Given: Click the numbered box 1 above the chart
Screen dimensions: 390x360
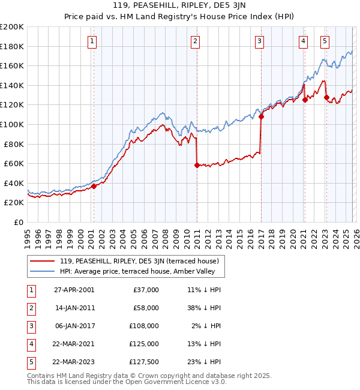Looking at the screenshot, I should (92, 41).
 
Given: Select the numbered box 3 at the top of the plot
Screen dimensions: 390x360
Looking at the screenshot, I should (259, 41).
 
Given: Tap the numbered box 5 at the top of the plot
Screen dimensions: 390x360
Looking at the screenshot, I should (325, 41).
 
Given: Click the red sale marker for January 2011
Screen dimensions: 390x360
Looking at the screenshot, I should (197, 165).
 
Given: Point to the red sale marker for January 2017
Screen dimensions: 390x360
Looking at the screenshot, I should (261, 117).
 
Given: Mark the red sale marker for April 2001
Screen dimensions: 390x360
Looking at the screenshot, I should (94, 186).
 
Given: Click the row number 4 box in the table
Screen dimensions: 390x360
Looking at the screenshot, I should (30, 344).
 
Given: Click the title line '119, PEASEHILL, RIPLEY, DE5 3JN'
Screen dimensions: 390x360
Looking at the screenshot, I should (180, 7).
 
